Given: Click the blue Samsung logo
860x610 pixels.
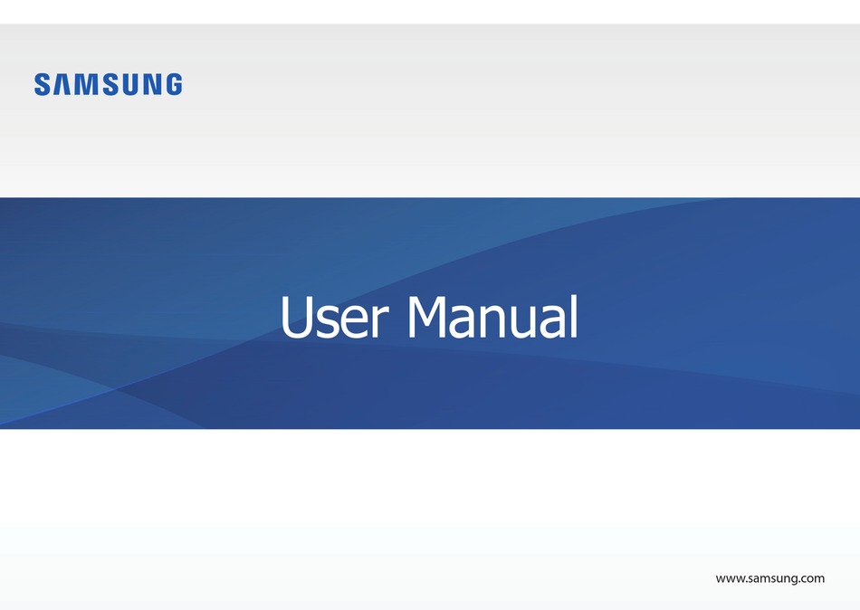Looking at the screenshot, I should (108, 85).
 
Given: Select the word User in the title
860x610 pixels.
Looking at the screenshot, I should (334, 319).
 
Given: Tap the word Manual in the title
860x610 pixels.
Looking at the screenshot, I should (492, 319).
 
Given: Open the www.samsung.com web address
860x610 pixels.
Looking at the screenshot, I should (769, 578).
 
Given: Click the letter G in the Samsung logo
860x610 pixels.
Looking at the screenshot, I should (172, 85).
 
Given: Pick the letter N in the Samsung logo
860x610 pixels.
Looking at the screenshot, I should (151, 85).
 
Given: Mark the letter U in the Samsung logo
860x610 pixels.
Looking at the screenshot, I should (129, 85).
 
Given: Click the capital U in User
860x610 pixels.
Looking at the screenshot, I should (298, 318).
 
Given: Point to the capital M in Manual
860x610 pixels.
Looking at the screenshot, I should (433, 318).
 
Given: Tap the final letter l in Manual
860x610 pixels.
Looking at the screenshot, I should (572, 316).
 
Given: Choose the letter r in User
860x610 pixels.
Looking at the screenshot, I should (380, 324).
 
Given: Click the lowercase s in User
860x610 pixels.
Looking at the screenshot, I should (331, 324).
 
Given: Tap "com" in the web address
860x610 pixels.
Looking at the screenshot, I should (812, 578).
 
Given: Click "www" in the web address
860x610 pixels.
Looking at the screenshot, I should (730, 578).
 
